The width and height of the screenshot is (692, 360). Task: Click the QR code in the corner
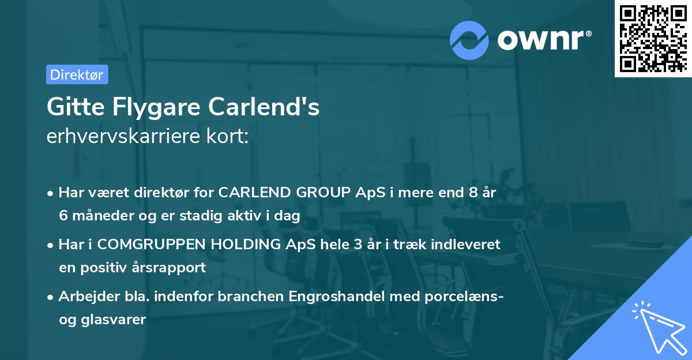tap(653, 38)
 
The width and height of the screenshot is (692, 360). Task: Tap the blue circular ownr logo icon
tap(469, 40)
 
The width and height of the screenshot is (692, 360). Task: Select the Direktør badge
tap(77, 74)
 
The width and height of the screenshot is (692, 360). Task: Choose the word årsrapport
tap(172, 268)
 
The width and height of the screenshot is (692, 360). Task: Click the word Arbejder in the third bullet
tap(86, 297)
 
